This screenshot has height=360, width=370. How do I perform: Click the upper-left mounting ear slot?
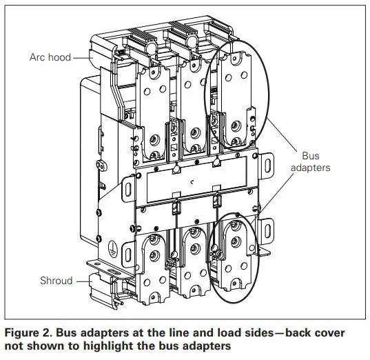pos(127,186)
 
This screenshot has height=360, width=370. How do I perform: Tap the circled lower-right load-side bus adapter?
pos(234,259)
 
